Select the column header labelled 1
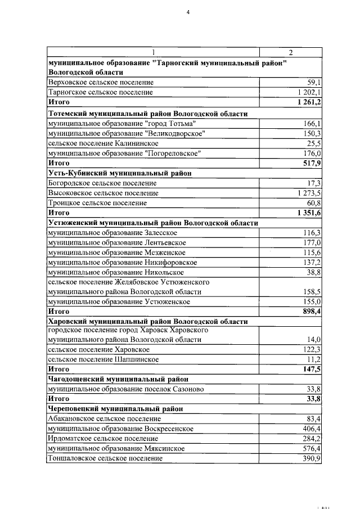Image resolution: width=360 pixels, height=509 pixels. click(152, 52)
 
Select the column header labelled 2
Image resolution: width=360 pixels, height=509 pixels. click(290, 52)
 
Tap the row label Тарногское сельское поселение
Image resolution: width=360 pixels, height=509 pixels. click(101, 92)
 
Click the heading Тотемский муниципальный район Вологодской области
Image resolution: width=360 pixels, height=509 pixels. click(148, 113)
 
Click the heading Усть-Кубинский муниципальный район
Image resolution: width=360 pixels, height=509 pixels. click(120, 173)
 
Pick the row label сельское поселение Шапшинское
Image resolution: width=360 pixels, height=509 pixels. click(103, 359)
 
